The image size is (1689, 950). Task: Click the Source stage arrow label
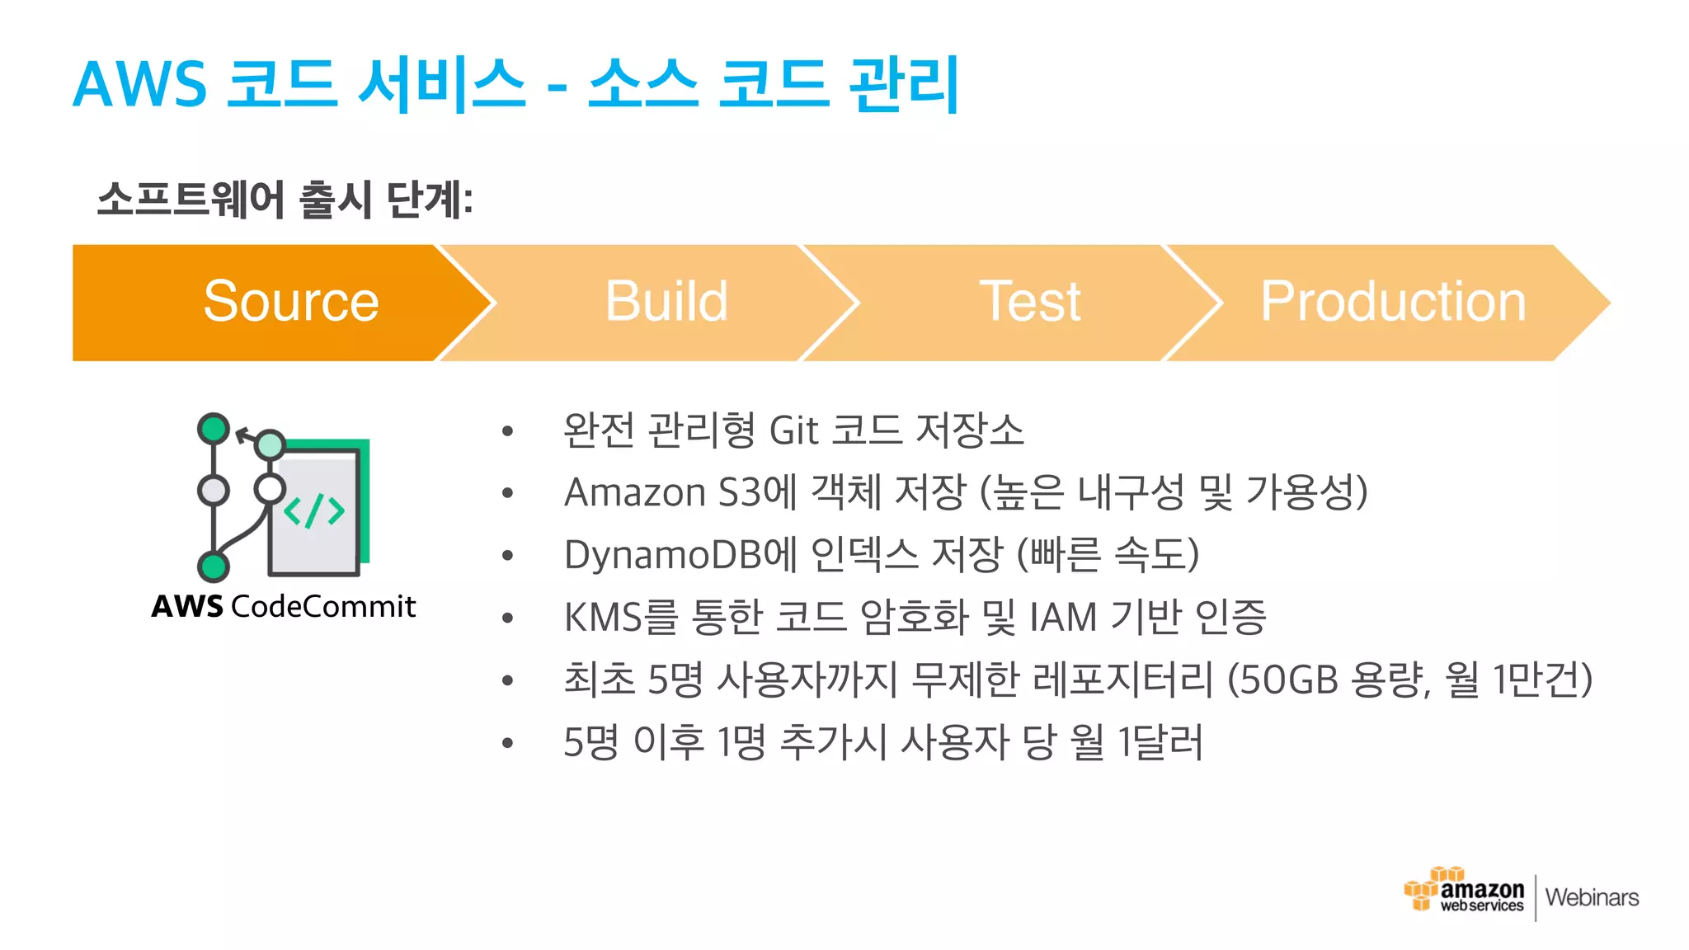(x=290, y=301)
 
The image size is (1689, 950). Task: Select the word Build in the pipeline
(x=666, y=301)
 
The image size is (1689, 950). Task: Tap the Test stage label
(x=1029, y=301)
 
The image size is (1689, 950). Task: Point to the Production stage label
(x=1393, y=301)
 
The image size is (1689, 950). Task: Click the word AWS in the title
(x=140, y=84)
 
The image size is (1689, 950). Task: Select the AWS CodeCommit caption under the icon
(x=284, y=606)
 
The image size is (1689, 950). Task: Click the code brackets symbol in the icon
(x=314, y=511)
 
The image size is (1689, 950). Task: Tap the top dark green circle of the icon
(x=214, y=429)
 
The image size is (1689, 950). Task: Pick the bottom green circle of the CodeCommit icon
(x=214, y=567)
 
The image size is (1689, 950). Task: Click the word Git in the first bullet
(x=793, y=430)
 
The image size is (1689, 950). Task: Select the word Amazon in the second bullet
(x=634, y=492)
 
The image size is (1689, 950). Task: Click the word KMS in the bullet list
(x=602, y=617)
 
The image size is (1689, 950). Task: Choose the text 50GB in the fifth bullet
(x=1289, y=680)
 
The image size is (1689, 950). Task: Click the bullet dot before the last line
(x=507, y=744)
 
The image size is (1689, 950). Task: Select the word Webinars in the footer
(x=1592, y=897)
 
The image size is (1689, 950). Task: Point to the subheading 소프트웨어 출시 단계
(x=285, y=200)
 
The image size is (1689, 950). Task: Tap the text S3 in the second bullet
(x=740, y=492)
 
